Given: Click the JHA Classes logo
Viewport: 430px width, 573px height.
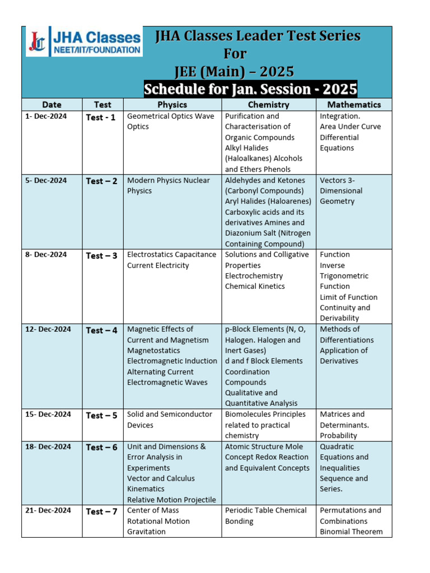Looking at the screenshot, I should pyautogui.click(x=84, y=41).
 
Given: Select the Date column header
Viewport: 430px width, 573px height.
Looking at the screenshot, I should pyautogui.click(x=52, y=105).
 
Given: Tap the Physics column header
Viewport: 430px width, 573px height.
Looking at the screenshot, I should pyautogui.click(x=172, y=105).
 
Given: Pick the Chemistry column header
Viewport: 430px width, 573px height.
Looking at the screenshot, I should pyautogui.click(x=269, y=105).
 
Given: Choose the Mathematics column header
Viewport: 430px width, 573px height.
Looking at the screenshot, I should pyautogui.click(x=354, y=105).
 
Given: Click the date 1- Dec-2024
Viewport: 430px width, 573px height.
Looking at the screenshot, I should pyautogui.click(x=46, y=116).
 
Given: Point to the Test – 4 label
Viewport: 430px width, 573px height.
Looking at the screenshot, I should pyautogui.click(x=101, y=330).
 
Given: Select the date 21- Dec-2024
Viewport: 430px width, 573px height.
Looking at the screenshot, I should pyautogui.click(x=48, y=510).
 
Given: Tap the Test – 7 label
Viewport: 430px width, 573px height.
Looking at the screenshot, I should pyautogui.click(x=101, y=511).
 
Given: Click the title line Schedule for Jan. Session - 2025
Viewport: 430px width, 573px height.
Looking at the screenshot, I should pyautogui.click(x=250, y=90).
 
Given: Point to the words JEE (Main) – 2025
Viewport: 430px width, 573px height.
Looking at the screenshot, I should pyautogui.click(x=235, y=72).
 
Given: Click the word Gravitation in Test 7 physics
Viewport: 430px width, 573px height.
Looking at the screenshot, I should pyautogui.click(x=146, y=532).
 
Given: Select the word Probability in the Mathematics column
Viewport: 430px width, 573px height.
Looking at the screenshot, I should pyautogui.click(x=338, y=435).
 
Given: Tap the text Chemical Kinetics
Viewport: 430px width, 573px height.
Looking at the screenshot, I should pyautogui.click(x=255, y=286).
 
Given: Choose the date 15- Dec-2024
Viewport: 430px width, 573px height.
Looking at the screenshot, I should pyautogui.click(x=48, y=414).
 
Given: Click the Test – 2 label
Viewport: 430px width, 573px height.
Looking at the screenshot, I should pyautogui.click(x=101, y=181).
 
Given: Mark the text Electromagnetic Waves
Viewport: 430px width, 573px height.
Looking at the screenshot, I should pyautogui.click(x=167, y=383).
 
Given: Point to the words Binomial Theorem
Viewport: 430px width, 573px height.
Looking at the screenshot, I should pyautogui.click(x=351, y=532).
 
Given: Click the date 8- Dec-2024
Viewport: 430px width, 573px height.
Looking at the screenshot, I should pyautogui.click(x=46, y=255).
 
